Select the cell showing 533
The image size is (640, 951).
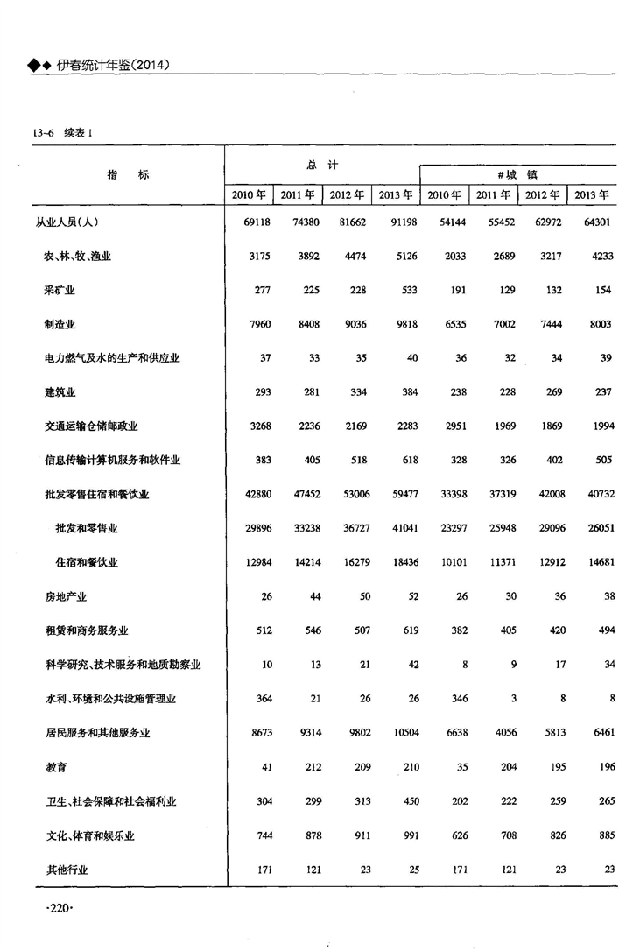click(407, 290)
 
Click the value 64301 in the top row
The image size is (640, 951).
click(597, 222)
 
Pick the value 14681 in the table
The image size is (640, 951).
click(597, 562)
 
